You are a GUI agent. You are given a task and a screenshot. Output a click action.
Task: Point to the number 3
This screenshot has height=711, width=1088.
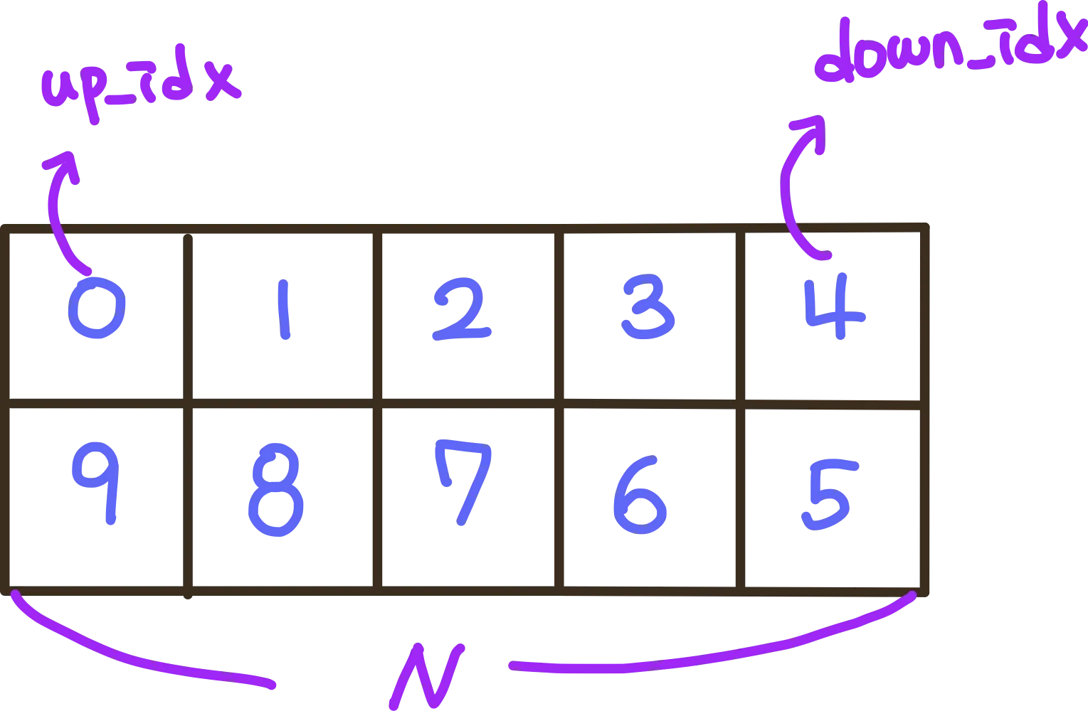(x=648, y=309)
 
